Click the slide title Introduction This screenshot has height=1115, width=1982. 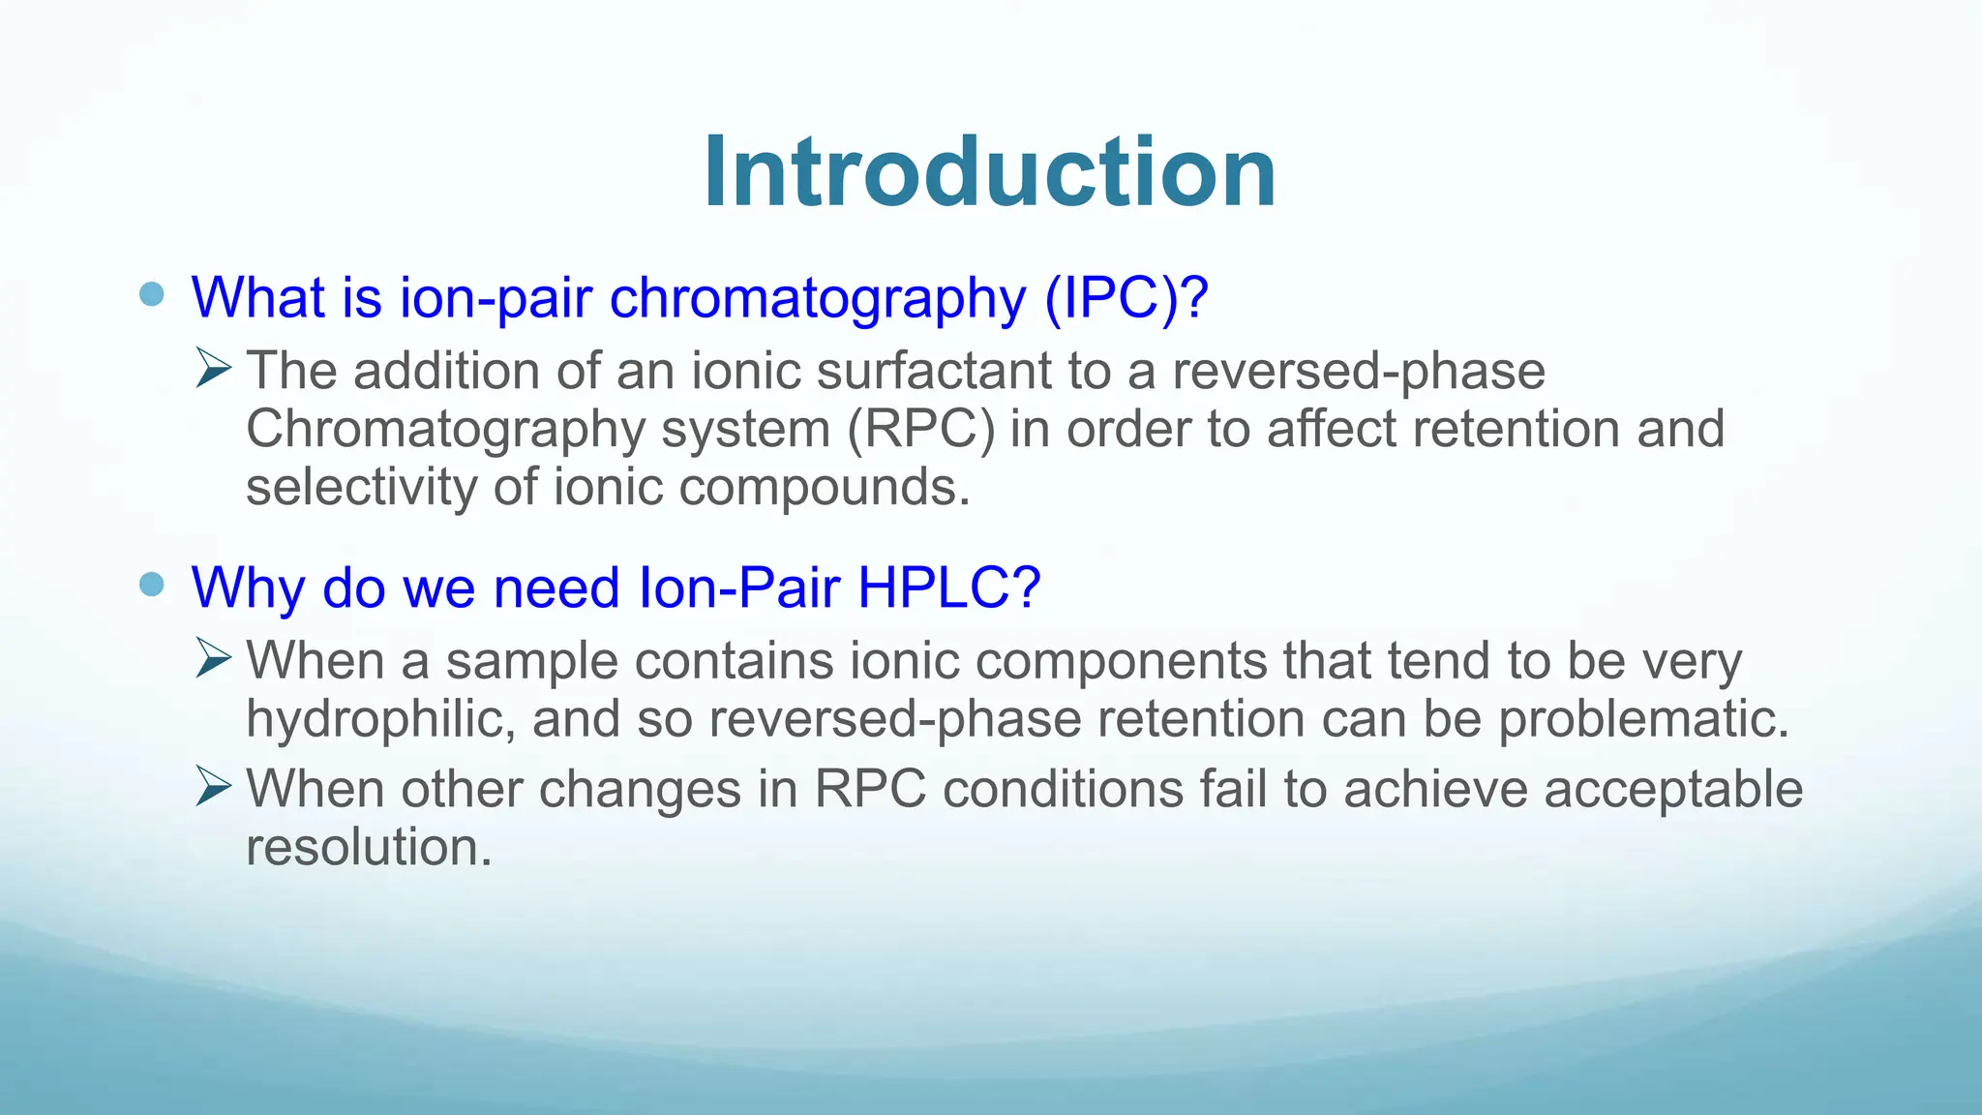[x=989, y=172]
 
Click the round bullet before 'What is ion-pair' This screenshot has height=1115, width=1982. [x=152, y=294]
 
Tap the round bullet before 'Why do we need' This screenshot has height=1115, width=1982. [x=152, y=585]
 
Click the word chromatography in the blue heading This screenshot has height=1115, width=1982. [x=817, y=298]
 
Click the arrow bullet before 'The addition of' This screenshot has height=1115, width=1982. [x=213, y=369]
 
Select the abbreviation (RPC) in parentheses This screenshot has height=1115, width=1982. [x=920, y=429]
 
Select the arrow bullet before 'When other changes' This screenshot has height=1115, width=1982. [x=213, y=786]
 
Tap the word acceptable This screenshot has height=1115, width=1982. [x=1672, y=790]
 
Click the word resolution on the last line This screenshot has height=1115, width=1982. [x=369, y=848]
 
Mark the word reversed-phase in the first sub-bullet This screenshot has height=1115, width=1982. [x=1358, y=372]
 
